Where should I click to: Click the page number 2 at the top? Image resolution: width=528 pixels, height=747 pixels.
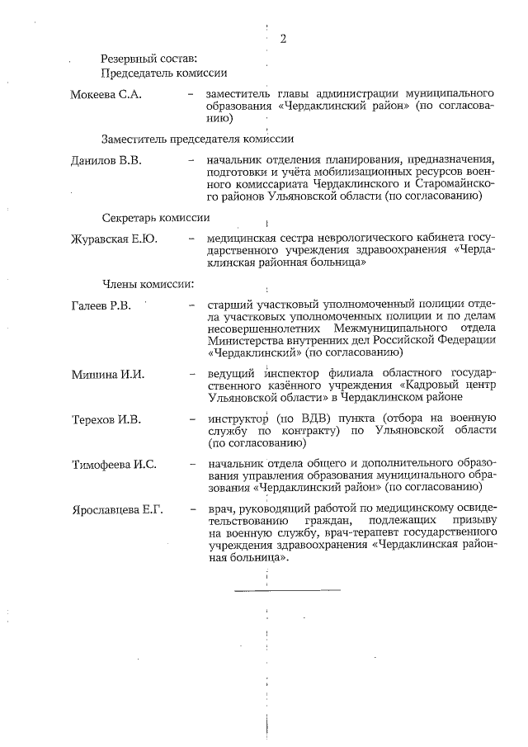point(283,38)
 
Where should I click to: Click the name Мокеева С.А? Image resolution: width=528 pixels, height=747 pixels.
point(107,94)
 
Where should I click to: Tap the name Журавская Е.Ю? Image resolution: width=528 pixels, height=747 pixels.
point(114,239)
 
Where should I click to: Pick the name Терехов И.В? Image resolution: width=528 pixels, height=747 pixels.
point(106,419)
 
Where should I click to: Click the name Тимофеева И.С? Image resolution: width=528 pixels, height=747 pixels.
point(114,464)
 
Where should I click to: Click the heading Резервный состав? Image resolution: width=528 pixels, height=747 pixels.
point(148,59)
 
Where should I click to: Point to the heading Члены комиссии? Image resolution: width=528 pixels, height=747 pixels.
point(148,285)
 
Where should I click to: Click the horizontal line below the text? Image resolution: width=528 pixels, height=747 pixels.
point(286,589)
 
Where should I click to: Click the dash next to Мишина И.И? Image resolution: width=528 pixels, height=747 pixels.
point(191,374)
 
